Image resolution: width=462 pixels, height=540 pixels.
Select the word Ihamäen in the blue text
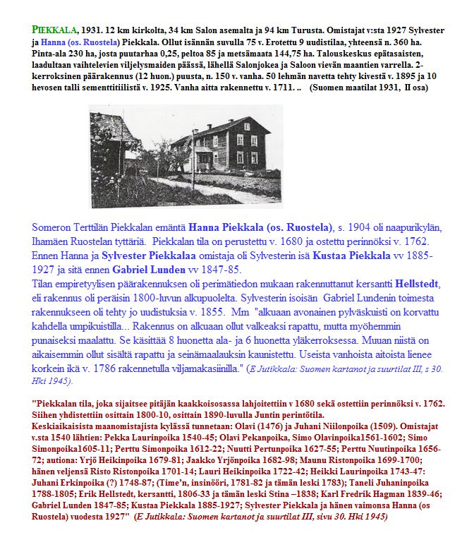point(53,241)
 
